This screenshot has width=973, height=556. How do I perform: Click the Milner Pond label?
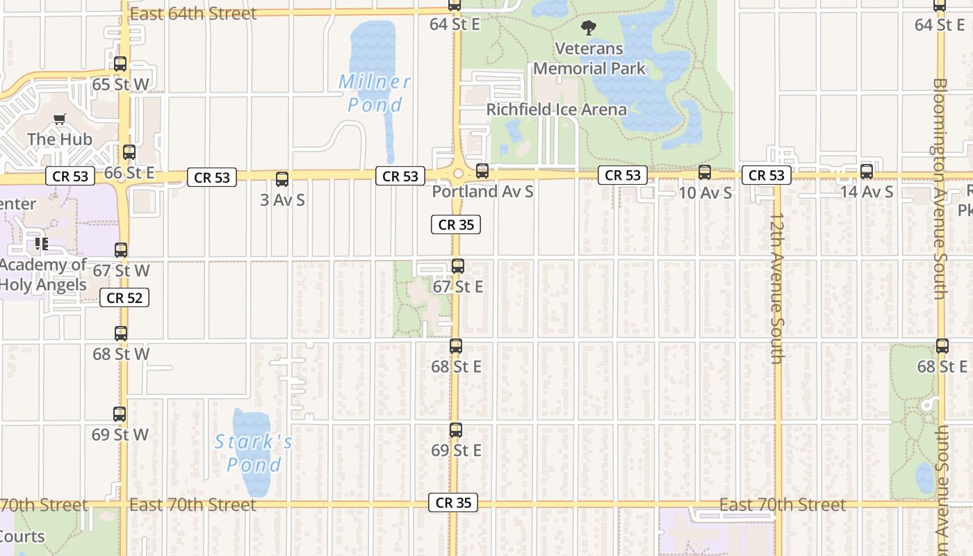coord(375,93)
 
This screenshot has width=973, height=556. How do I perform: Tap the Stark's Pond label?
coord(254,452)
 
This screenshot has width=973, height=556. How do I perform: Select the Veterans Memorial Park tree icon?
coord(589,28)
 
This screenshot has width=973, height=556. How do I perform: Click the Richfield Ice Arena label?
coord(556,109)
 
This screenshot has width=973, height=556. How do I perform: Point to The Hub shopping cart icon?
coord(60,120)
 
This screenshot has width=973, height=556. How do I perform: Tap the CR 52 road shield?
coord(125,298)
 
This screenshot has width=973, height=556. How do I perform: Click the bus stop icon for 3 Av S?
coord(282,179)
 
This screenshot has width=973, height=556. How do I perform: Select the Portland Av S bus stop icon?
coord(482,170)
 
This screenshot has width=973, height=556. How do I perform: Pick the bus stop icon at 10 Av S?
coord(705,172)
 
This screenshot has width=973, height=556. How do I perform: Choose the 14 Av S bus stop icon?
coord(867,172)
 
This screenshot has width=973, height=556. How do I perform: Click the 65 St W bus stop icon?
coord(120,64)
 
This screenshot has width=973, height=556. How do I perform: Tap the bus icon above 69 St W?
coord(120,414)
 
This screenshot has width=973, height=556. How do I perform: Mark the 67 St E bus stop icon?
coord(458,266)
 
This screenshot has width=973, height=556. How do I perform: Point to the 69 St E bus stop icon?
coord(456,430)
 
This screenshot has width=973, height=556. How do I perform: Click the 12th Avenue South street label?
coord(777,288)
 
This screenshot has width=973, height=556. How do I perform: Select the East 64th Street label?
coord(193,13)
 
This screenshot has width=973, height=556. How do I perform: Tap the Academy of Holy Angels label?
coord(43,275)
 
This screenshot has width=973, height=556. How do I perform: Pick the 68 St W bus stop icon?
coord(121,334)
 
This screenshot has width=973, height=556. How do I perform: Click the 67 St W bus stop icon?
coord(121,250)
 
